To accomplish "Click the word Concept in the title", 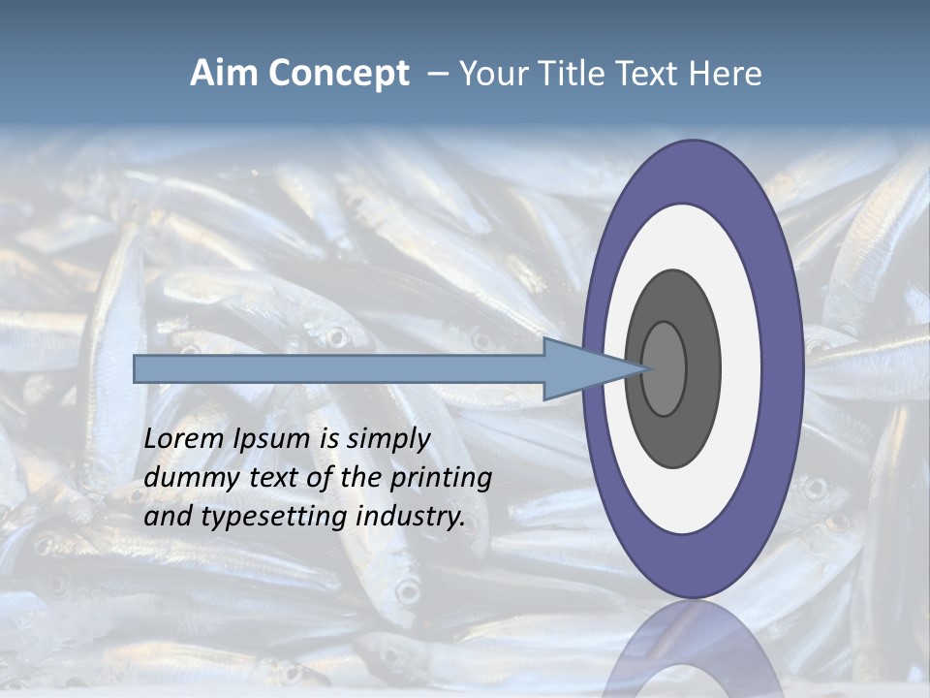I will click(337, 74).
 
